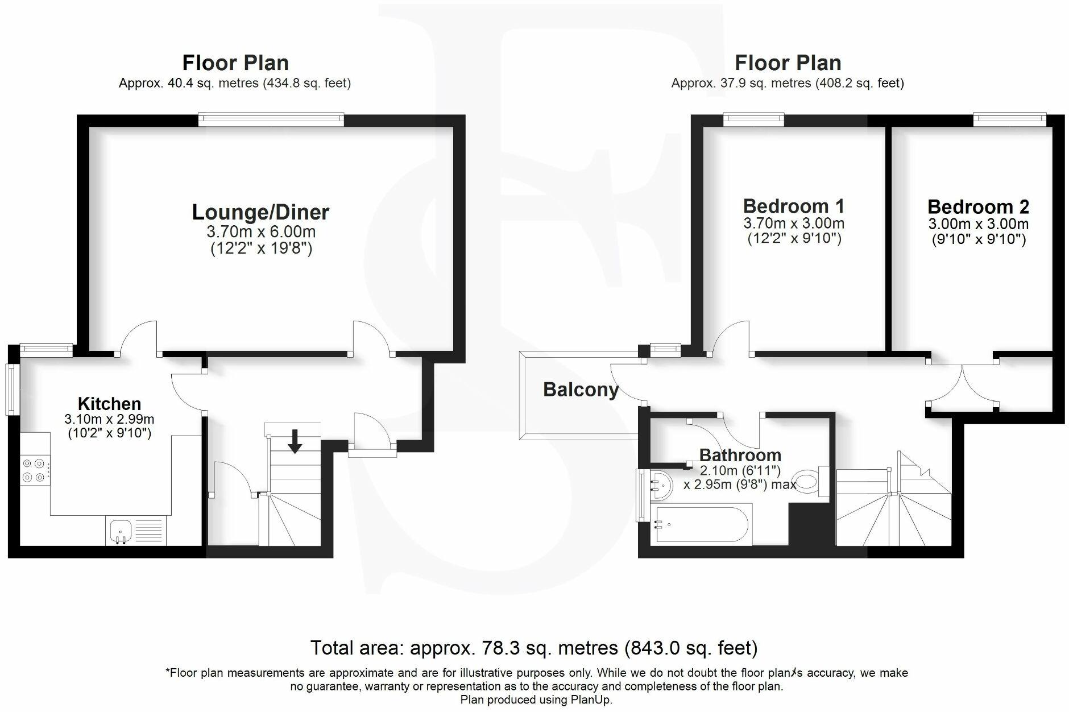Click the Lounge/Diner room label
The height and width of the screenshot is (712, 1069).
click(260, 212)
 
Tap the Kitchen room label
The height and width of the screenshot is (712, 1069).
click(109, 404)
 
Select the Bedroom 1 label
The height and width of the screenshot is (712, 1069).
click(793, 206)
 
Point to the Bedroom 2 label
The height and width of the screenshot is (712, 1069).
click(977, 206)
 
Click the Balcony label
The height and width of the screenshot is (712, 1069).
click(581, 390)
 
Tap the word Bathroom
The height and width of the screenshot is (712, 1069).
click(740, 455)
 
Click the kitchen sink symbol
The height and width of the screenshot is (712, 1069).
click(120, 531)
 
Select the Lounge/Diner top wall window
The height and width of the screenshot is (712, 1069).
click(271, 119)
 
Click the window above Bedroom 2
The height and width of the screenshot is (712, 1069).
click(1009, 119)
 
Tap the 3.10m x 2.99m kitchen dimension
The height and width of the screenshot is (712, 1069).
click(109, 420)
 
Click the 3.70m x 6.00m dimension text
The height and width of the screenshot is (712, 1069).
click(260, 232)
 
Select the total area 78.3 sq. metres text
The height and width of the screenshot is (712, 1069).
click(533, 648)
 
